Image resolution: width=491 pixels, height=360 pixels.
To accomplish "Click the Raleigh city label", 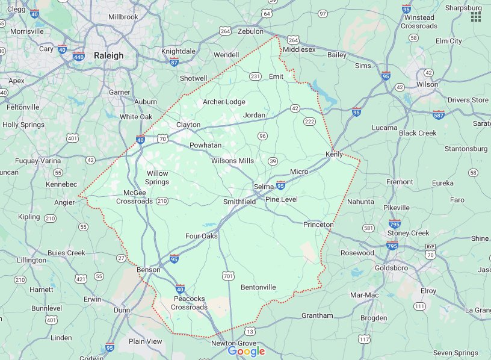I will [x=109, y=55].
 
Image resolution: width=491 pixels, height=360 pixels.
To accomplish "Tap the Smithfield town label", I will [x=239, y=202].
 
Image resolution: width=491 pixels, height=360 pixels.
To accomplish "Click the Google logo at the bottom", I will [x=246, y=352].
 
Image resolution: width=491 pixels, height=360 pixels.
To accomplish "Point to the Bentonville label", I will [x=258, y=287].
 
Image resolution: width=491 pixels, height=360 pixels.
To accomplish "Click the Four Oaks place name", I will [x=201, y=236].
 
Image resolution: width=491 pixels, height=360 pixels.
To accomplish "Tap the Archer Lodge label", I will [x=224, y=102].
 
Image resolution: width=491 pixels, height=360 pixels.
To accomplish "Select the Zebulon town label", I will [x=250, y=31].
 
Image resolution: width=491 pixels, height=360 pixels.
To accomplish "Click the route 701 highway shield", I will [x=228, y=276].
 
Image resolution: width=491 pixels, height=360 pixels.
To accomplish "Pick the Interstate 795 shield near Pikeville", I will [x=395, y=223].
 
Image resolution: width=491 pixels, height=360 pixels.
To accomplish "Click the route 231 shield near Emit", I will [x=255, y=76].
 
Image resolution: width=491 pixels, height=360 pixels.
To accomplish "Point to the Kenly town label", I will [x=334, y=154].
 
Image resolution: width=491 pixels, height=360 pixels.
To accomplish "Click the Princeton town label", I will [x=318, y=225].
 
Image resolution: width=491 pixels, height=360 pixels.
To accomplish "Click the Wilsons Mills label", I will [x=232, y=161].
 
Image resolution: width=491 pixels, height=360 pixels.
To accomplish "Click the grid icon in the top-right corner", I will [x=476, y=16].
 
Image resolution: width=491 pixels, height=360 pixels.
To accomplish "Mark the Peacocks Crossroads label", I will [x=189, y=303].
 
